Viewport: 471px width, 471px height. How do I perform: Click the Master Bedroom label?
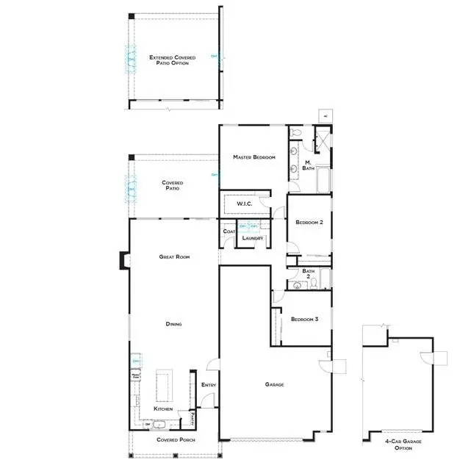pyautogui.click(x=254, y=157)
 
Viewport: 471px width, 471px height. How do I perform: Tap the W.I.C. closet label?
pyautogui.click(x=244, y=204)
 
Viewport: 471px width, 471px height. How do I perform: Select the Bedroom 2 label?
pyautogui.click(x=309, y=222)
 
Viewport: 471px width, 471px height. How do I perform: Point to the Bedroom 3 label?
pyautogui.click(x=304, y=319)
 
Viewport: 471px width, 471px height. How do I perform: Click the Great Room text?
pyautogui.click(x=175, y=256)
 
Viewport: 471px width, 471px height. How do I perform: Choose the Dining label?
pyautogui.click(x=173, y=324)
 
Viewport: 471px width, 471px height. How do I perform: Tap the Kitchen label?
pyautogui.click(x=163, y=409)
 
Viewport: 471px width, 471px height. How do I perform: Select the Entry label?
pyautogui.click(x=207, y=384)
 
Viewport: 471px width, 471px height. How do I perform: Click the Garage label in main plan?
pyautogui.click(x=275, y=384)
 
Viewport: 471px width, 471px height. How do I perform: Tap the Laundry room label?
pyautogui.click(x=252, y=238)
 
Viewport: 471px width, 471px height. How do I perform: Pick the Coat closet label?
pyautogui.click(x=228, y=232)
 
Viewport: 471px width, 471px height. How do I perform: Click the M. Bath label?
pyautogui.click(x=309, y=164)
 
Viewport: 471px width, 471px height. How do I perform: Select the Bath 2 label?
pyautogui.click(x=309, y=274)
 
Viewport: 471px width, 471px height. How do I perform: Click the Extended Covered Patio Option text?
pyautogui.click(x=169, y=60)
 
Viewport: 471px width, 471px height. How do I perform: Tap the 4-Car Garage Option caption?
pyautogui.click(x=398, y=445)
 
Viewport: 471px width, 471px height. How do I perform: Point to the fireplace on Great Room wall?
pyautogui.click(x=123, y=259)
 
